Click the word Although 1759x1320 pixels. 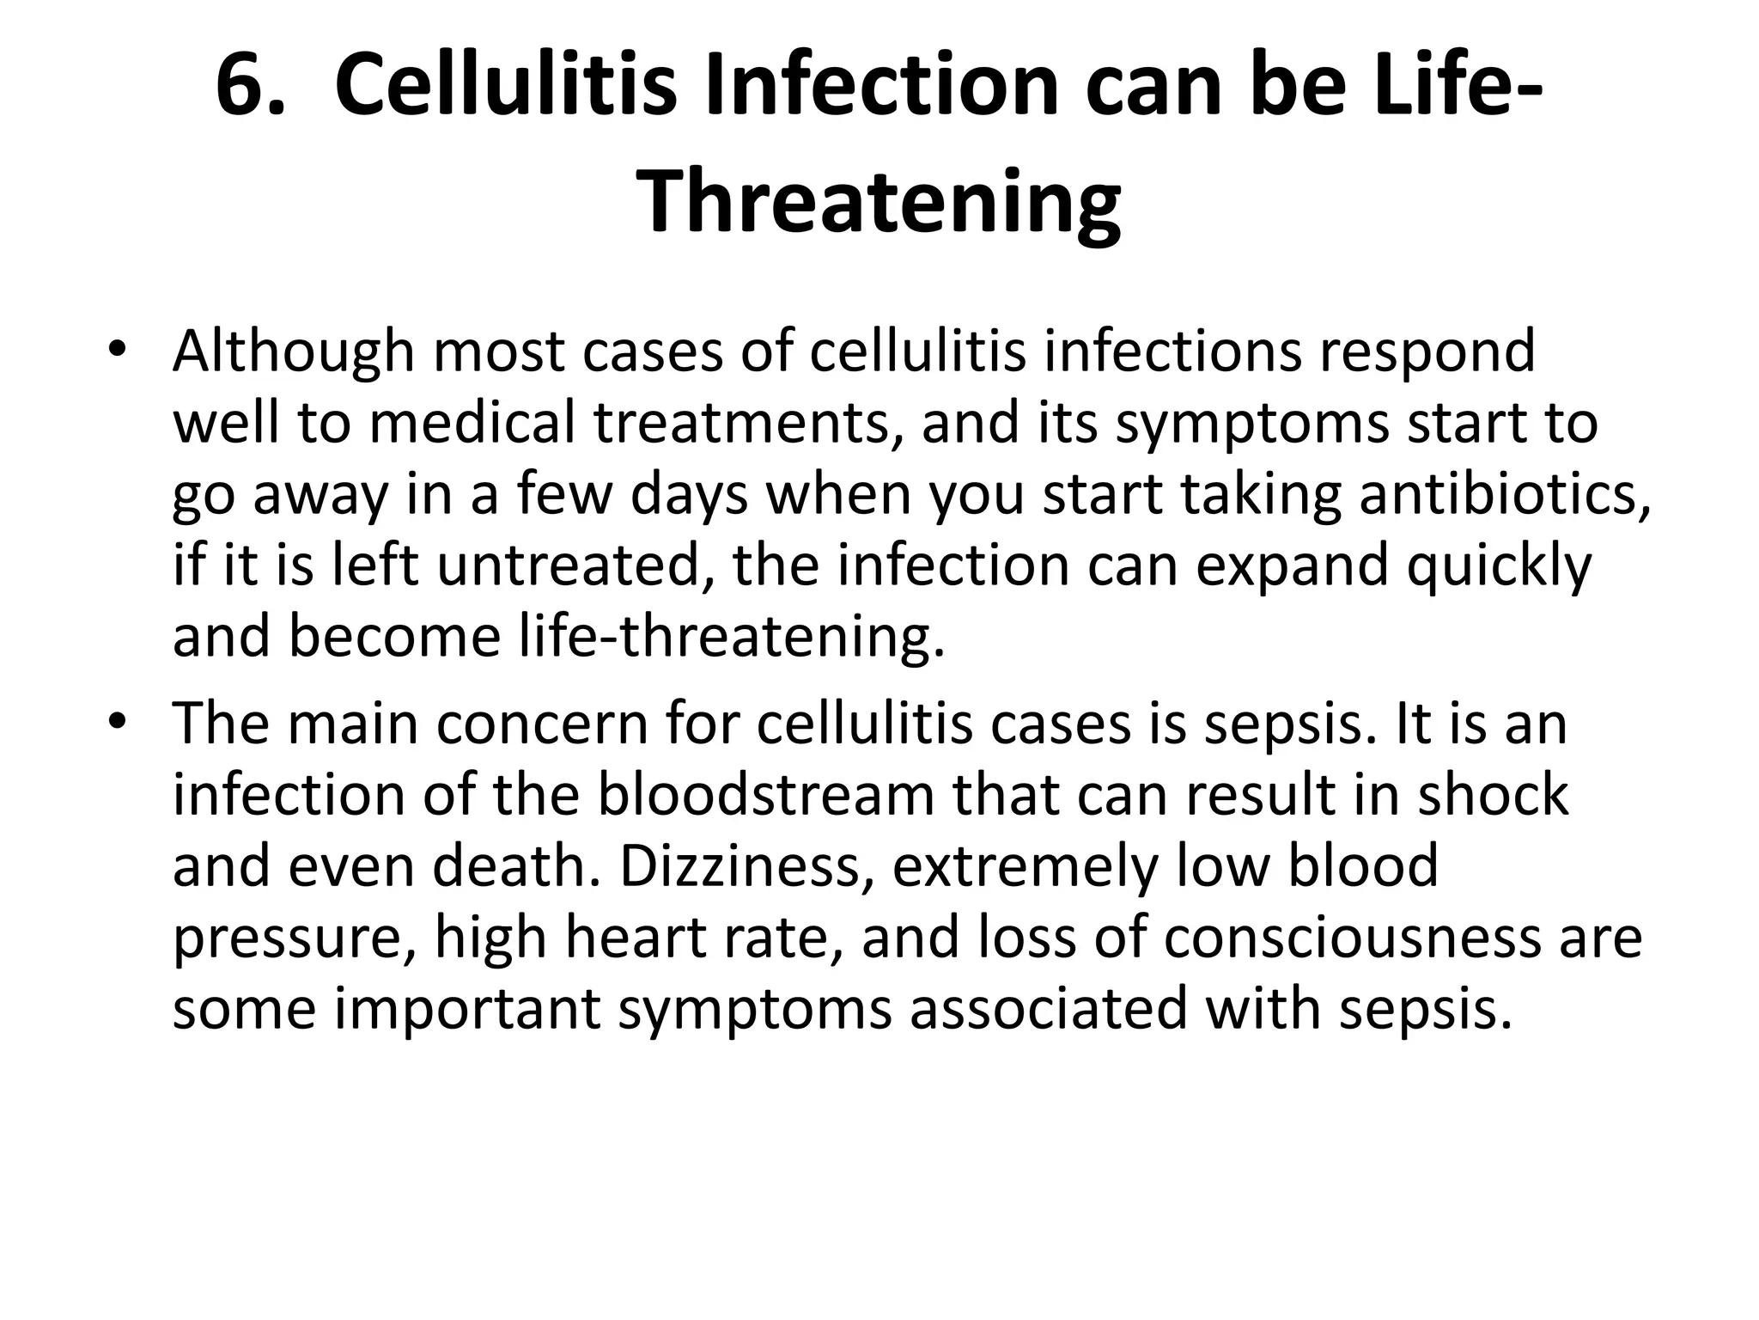click(293, 352)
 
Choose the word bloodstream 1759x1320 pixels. click(765, 795)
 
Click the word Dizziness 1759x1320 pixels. click(740, 866)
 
